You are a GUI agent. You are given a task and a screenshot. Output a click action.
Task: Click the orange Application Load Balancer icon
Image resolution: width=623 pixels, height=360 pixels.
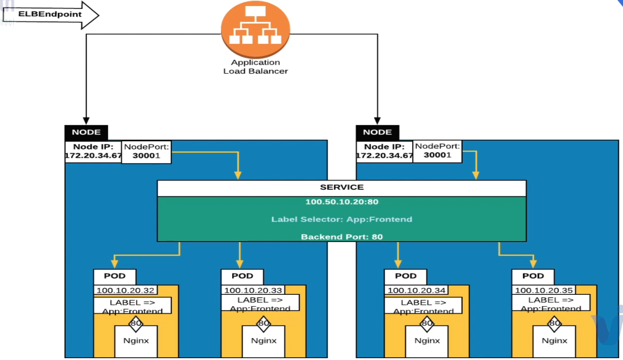pos(255,29)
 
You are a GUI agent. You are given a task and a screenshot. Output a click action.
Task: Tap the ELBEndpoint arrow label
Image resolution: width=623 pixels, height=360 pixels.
pos(50,14)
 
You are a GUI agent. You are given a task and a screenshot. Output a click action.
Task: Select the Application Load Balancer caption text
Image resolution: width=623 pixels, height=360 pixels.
pos(255,67)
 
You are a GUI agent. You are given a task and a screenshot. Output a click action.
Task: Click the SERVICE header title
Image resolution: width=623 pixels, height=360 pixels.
pos(341,187)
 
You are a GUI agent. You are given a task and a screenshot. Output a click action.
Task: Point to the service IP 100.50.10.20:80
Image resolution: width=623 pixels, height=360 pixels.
pos(341,202)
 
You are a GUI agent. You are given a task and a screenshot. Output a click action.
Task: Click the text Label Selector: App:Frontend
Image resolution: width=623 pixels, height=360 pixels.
pos(341,219)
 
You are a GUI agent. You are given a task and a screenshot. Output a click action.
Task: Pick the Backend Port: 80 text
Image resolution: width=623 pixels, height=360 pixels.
pos(341,236)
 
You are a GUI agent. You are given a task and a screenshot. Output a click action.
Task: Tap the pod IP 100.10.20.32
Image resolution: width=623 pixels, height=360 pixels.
pos(125,291)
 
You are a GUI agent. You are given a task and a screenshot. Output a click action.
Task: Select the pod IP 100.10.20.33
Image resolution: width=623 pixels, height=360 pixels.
pos(253,291)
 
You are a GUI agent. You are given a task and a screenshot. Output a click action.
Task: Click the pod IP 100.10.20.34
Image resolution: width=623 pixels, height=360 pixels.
pos(416,291)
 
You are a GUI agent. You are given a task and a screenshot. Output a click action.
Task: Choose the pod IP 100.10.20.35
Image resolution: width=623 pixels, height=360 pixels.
pos(544,291)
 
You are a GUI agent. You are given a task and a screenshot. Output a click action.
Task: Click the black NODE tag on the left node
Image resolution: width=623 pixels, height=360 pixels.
pos(86,132)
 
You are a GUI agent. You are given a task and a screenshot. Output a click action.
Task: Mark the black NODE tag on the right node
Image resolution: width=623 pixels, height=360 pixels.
pos(377,132)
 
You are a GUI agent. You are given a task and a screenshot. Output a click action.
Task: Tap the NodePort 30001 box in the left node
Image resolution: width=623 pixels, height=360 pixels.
pos(146,152)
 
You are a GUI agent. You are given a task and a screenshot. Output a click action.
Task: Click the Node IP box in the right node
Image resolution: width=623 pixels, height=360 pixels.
pos(384,152)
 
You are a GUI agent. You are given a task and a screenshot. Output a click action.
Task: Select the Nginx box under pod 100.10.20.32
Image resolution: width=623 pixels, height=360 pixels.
pos(136,341)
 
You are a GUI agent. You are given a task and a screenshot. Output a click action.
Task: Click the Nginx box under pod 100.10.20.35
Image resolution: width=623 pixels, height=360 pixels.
pos(554,341)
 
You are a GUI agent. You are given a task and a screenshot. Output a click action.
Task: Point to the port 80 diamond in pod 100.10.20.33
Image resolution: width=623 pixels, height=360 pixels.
pos(264,323)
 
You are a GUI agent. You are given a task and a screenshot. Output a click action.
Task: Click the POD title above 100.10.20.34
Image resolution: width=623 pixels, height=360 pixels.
pos(406,276)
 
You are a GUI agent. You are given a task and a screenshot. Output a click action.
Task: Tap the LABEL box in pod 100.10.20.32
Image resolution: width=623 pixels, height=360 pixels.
pos(132,306)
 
